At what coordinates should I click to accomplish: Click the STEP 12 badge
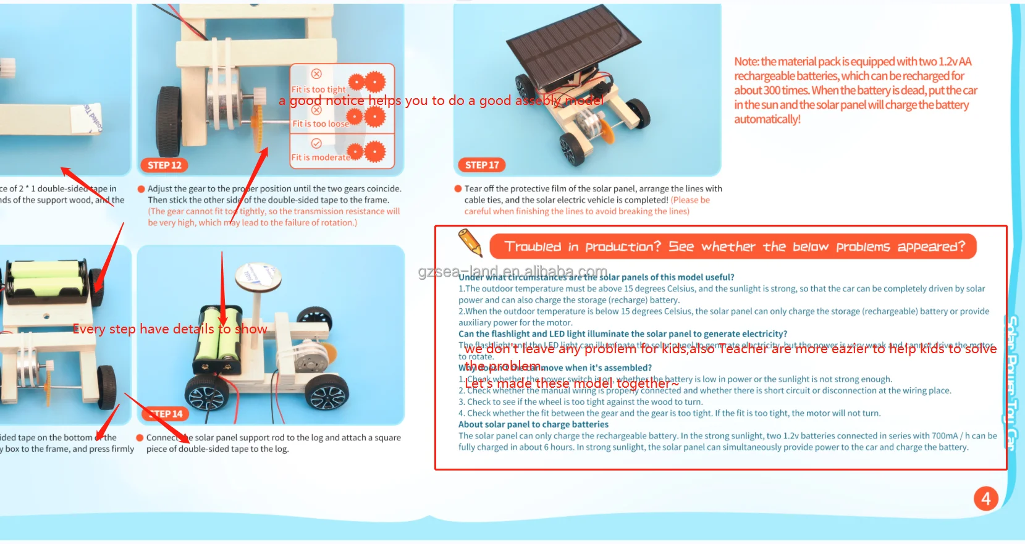(164, 165)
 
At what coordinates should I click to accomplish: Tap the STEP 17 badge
(481, 165)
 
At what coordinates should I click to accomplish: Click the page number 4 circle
(985, 498)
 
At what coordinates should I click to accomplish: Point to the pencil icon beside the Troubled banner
(470, 242)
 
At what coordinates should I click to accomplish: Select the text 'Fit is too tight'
(318, 90)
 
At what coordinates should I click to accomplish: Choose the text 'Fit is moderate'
(321, 157)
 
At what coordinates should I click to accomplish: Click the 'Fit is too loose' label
(320, 123)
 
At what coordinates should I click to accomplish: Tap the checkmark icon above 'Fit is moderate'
(316, 143)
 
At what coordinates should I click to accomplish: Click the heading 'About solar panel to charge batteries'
(533, 424)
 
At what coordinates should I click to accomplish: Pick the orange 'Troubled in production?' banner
(733, 246)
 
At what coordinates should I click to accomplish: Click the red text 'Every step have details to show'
(170, 329)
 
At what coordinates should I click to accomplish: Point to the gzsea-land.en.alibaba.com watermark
(513, 272)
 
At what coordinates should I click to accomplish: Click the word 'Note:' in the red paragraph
(746, 62)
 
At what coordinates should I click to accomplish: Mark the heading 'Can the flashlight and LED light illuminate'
(622, 334)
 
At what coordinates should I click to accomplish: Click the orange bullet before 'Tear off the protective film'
(458, 189)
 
